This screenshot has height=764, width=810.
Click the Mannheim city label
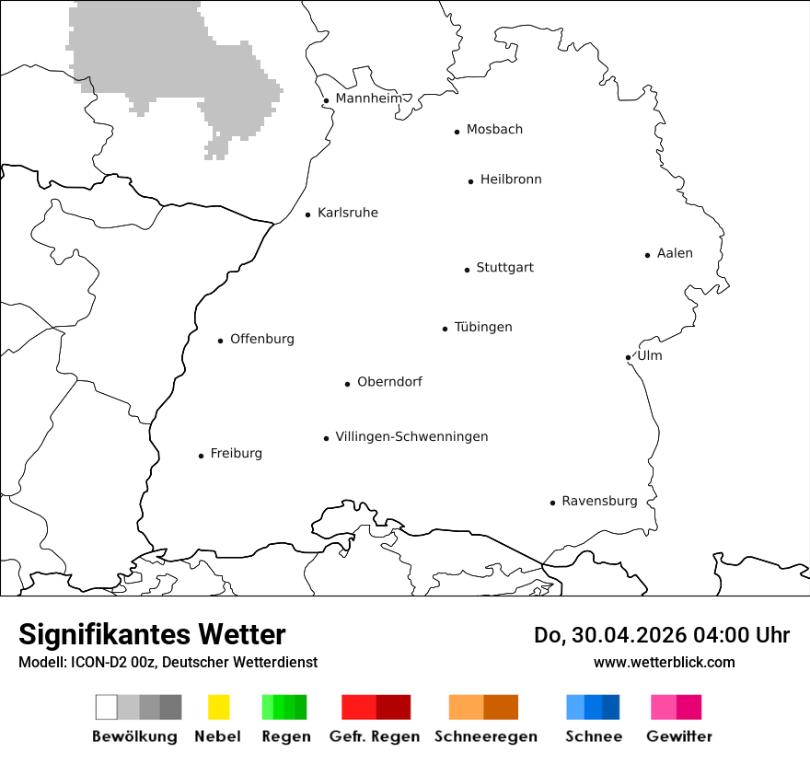click(368, 98)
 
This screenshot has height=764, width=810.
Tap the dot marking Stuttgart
click(467, 270)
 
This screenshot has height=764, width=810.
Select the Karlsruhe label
click(347, 214)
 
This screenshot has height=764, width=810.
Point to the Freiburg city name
click(236, 454)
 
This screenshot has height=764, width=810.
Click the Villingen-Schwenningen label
click(411, 437)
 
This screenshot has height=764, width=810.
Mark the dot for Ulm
click(628, 357)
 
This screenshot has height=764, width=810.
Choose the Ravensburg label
click(599, 502)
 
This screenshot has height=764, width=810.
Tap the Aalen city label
click(675, 254)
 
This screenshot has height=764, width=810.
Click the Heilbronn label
click(511, 180)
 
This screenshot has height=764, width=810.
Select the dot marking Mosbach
click(457, 132)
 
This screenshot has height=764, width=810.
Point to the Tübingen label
click(483, 328)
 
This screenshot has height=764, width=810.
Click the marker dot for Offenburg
click(220, 341)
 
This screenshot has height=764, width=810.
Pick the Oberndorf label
click(389, 382)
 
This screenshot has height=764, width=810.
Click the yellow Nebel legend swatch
click(218, 707)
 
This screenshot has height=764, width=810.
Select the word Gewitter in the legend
click(679, 736)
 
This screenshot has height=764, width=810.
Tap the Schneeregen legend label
click(485, 736)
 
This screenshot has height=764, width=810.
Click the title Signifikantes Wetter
click(152, 634)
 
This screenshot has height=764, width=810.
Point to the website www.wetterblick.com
click(664, 663)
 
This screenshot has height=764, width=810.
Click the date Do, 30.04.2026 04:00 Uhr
click(661, 635)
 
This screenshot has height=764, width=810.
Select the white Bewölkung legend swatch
click(107, 707)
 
